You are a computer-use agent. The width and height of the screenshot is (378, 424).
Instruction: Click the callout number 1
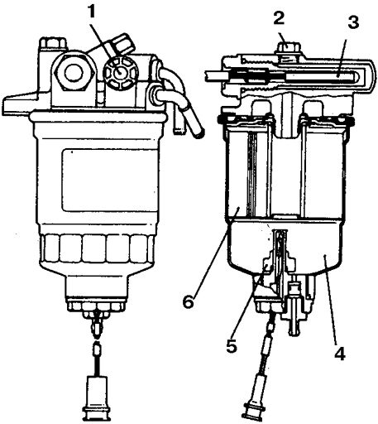(92, 12)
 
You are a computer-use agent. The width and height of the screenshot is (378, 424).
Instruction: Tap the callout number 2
(280, 18)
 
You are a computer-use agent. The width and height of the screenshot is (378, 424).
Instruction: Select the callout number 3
(353, 22)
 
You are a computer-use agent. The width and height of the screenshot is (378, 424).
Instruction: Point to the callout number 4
(340, 353)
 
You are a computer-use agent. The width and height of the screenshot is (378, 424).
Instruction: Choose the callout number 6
(189, 301)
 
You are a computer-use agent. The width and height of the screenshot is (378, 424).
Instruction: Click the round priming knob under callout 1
(121, 73)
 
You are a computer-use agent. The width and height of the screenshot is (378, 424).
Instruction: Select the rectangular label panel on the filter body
(110, 181)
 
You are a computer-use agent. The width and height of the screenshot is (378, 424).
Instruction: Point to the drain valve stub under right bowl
(294, 325)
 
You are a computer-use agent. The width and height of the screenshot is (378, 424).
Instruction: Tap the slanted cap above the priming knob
(122, 43)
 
